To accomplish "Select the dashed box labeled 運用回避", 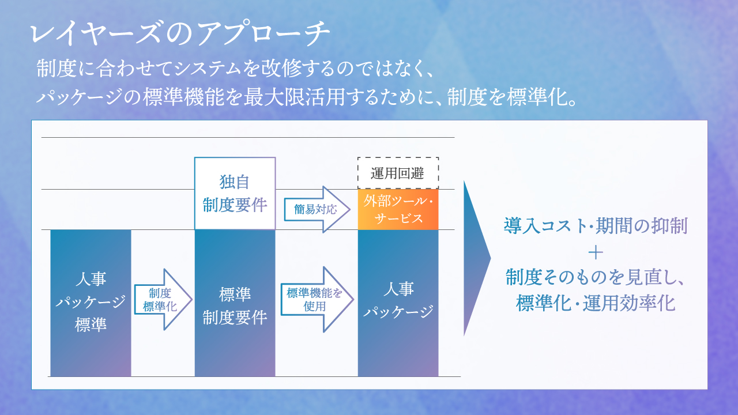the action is (x=398, y=173).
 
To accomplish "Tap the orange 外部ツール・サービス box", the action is (x=398, y=209).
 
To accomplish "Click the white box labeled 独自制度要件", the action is (x=235, y=193).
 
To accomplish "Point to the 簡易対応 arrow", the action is (x=317, y=209).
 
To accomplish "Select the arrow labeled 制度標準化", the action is (x=163, y=299).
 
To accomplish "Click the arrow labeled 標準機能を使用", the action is (x=317, y=299).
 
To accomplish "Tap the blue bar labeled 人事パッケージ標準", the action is (x=91, y=303).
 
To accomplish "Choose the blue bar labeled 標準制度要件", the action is (x=235, y=303).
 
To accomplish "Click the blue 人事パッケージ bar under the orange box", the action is (x=398, y=303).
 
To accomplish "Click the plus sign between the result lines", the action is (x=596, y=253).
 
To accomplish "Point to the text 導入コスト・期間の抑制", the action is (x=596, y=226).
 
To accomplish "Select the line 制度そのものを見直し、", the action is (x=596, y=277).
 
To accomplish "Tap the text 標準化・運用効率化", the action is (x=596, y=303).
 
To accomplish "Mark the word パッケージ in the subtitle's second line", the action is (x=79, y=97).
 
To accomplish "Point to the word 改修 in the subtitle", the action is (x=281, y=68).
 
